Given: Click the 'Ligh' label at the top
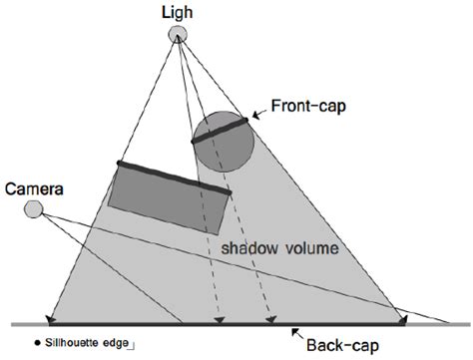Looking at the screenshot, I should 177,11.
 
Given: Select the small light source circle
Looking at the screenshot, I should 177,35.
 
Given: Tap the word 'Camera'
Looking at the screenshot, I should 30,187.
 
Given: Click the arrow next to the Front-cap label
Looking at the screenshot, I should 260,115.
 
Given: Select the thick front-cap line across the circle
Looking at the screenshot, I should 220,130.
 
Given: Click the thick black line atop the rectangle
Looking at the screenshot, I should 175,178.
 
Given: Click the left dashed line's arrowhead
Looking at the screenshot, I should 219,320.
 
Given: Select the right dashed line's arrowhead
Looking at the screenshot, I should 269,320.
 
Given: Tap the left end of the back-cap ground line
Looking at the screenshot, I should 50,324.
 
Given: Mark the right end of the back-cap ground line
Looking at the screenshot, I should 402,323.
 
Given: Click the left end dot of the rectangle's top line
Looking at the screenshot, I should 119,163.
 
